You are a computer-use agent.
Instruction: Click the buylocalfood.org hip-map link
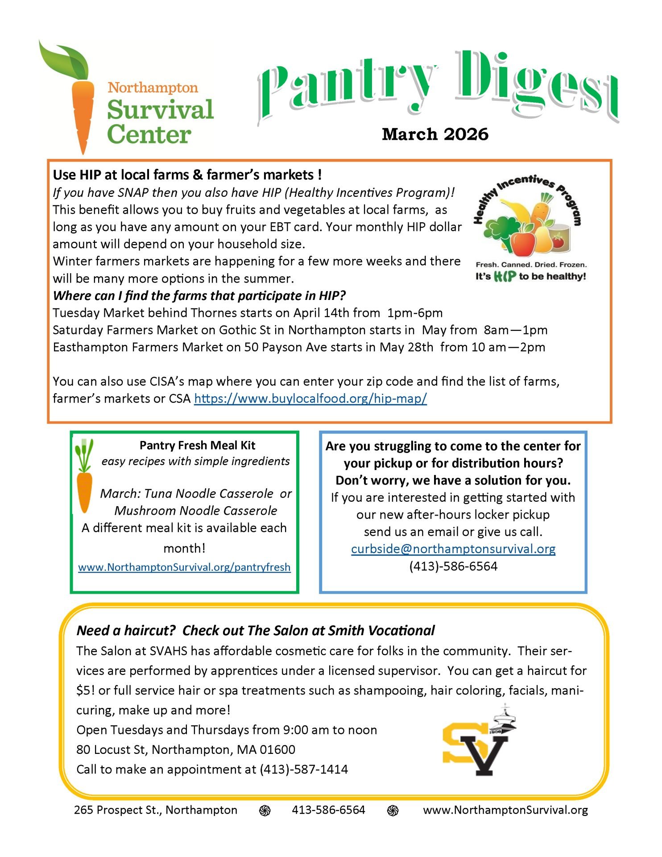[x=310, y=398]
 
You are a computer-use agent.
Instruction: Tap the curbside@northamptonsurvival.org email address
[x=453, y=549]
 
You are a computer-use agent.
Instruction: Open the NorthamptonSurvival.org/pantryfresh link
[x=184, y=567]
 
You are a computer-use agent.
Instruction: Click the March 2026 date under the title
[x=435, y=134]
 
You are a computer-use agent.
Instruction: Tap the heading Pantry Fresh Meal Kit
[x=197, y=445]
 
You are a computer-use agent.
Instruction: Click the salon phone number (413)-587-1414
[x=304, y=769]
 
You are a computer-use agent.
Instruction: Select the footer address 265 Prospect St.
[x=156, y=810]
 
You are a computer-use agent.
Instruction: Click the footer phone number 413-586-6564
[x=328, y=810]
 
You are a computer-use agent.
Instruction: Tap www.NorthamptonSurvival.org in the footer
[x=505, y=810]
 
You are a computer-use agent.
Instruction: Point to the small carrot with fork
[x=84, y=475]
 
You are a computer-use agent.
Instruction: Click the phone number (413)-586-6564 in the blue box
[x=453, y=566]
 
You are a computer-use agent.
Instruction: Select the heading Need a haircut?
[x=127, y=630]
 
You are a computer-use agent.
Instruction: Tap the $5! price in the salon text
[x=85, y=690]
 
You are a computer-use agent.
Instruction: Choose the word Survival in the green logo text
[x=160, y=110]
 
